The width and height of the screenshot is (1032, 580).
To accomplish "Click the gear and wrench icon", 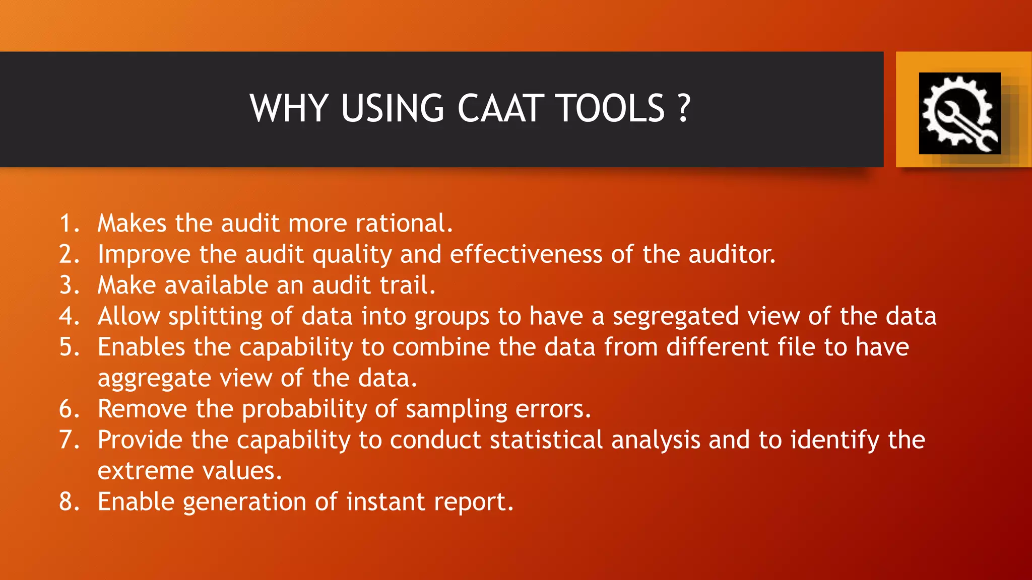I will pyautogui.click(x=959, y=113).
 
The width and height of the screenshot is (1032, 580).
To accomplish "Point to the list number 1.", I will pyautogui.click(x=69, y=223).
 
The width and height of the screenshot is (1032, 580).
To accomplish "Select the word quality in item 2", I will pyautogui.click(x=352, y=255).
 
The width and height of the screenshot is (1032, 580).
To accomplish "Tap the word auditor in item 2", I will pyautogui.click(x=732, y=254).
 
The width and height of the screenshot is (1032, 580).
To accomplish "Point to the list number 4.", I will pyautogui.click(x=69, y=316).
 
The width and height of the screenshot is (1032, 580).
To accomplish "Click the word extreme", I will pyautogui.click(x=146, y=471).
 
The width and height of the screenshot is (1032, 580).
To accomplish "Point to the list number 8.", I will pyautogui.click(x=69, y=501).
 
